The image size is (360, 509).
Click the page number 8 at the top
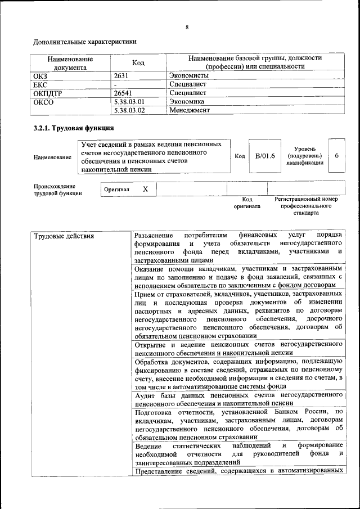[x=187, y=27]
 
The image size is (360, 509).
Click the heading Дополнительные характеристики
[x=85, y=42]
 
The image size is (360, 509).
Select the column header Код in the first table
[x=138, y=62]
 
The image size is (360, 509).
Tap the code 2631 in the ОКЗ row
[x=122, y=75]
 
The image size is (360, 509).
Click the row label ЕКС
[x=41, y=84]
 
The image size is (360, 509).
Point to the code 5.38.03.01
[x=129, y=102]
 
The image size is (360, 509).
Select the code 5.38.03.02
[x=129, y=110]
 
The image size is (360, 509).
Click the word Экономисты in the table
[x=189, y=75]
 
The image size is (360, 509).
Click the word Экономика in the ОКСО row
[x=187, y=102]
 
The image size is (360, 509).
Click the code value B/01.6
[x=264, y=156]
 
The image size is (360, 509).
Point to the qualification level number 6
[x=336, y=156]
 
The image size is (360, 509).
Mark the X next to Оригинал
[x=145, y=190]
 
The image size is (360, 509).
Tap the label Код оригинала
[x=247, y=203]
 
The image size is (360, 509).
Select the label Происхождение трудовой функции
[x=58, y=190]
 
